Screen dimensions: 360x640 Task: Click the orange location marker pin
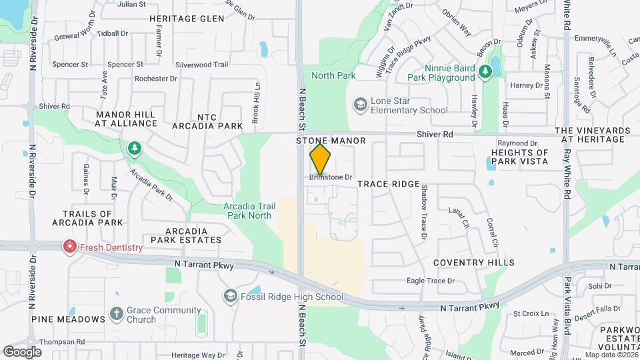coord(321,160)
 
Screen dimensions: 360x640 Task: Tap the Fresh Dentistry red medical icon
coord(69,247)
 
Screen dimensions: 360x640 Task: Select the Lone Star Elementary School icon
coord(361,105)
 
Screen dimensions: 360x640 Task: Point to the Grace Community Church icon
coord(116,314)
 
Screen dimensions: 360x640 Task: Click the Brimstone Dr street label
coord(330,177)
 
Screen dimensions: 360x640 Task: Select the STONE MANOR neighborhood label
coord(331,141)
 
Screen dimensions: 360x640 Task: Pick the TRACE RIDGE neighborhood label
coord(389,183)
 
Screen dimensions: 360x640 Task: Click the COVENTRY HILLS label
coord(474,263)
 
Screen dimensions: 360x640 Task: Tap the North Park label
coord(333,75)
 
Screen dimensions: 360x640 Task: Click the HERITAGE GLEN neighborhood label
coord(187,19)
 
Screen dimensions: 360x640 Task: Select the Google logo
coord(22,351)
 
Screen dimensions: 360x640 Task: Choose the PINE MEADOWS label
coord(68,319)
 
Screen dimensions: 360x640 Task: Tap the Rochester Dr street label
coord(155,78)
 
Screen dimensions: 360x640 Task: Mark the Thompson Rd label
coord(62,342)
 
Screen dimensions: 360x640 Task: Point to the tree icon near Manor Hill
coord(135,148)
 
